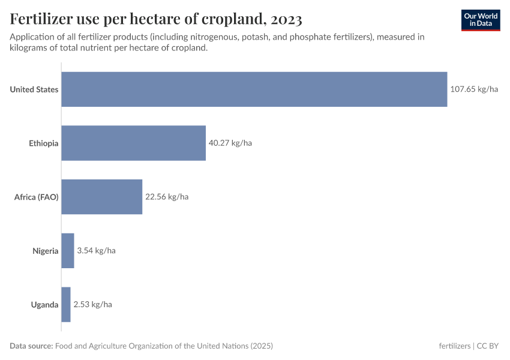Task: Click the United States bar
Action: pos(254,89)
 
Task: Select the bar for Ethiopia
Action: pos(133,143)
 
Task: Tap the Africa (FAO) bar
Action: pos(102,197)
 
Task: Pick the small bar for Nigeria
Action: pos(68,251)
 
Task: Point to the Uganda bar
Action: pos(66,304)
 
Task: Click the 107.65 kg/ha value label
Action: pos(474,89)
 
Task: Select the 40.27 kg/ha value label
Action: pos(230,143)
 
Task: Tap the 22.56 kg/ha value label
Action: pos(167,197)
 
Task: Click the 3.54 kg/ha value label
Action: pos(96,251)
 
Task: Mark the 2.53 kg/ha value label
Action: pos(92,304)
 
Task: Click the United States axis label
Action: pos(34,89)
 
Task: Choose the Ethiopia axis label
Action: pos(44,143)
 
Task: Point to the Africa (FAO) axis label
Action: pos(36,197)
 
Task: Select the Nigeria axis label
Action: pos(46,251)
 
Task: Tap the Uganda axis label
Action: pos(45,304)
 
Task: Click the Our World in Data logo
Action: pos(481,20)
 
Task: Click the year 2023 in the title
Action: pos(286,20)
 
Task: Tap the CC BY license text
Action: pos(489,346)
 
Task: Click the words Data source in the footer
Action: pos(31,346)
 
